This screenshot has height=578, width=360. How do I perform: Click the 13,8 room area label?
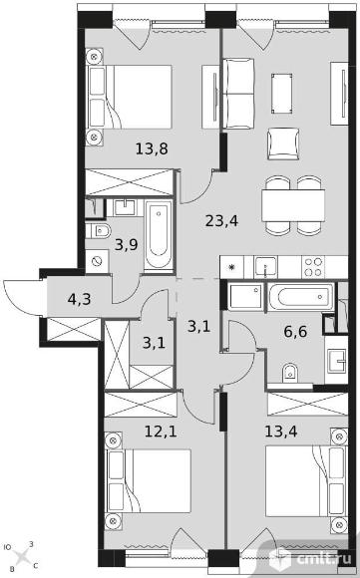(152, 149)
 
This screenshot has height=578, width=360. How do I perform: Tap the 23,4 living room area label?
(221, 221)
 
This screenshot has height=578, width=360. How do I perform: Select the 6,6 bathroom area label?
(295, 332)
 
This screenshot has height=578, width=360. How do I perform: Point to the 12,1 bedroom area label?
(161, 431)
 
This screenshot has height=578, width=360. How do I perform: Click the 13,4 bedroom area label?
(281, 431)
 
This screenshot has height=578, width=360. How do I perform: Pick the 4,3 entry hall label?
(80, 299)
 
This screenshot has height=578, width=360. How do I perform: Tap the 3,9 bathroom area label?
(126, 244)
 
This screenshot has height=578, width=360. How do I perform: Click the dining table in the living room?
(293, 205)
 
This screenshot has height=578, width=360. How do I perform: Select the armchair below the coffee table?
(283, 144)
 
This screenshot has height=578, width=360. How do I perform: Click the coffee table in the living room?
(282, 94)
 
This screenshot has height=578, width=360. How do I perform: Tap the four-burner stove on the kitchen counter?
(313, 267)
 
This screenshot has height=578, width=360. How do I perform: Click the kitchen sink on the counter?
(265, 266)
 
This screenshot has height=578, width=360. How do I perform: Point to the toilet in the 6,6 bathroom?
(290, 374)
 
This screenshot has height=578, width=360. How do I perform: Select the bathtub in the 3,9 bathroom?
(159, 236)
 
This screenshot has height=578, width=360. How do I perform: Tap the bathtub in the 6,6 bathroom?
(302, 296)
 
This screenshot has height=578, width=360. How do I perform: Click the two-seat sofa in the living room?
(238, 94)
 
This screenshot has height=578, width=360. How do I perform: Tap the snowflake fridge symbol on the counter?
(232, 267)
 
